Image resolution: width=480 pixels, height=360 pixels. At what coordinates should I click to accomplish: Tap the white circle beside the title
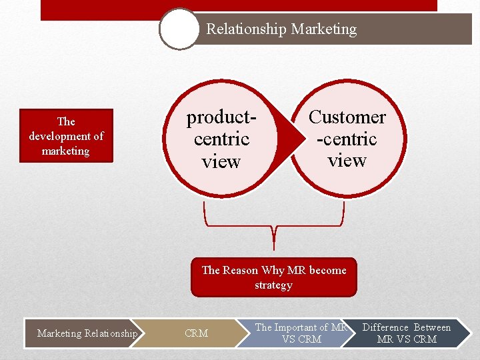tap(179, 29)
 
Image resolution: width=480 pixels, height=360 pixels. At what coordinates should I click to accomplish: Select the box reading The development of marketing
tap(66, 136)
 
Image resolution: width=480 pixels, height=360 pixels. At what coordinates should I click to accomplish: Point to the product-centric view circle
tap(221, 139)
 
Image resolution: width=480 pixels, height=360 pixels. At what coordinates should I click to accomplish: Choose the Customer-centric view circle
tap(347, 139)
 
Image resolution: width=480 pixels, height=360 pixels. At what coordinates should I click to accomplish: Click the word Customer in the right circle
tap(347, 117)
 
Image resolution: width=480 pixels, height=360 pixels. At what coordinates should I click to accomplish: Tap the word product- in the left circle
tap(221, 117)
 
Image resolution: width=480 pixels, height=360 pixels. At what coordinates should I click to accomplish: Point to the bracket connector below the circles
tap(273, 227)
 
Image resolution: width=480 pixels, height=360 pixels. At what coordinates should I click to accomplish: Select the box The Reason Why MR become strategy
tap(273, 277)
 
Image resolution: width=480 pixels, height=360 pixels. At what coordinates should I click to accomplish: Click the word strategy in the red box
tap(273, 285)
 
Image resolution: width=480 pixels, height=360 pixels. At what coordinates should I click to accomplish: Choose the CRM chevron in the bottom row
tap(197, 333)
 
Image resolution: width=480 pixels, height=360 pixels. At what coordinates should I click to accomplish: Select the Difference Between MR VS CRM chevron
tap(407, 333)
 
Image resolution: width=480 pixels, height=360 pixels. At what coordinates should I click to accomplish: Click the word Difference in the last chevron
tap(385, 327)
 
